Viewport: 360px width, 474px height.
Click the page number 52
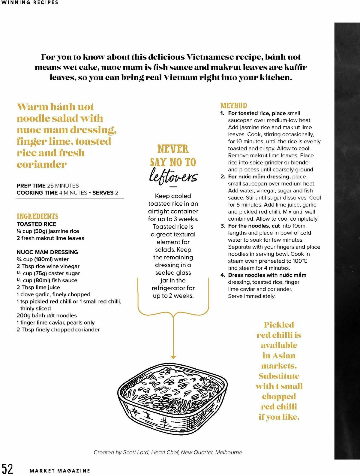point(7,468)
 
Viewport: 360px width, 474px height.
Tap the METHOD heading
point(234,106)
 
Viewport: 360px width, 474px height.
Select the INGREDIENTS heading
point(37,216)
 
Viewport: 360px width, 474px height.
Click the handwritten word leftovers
point(173,175)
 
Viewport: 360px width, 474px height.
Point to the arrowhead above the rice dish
point(173,357)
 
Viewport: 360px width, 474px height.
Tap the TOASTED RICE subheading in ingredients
point(36,224)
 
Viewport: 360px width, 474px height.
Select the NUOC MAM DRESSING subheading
point(47,252)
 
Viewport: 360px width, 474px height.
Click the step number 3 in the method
point(223,226)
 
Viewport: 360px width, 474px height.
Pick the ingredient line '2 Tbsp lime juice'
point(38,287)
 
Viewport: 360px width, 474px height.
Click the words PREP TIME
point(31,186)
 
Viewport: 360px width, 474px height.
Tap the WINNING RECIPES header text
point(29,2)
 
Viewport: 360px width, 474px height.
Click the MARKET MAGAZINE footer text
point(60,471)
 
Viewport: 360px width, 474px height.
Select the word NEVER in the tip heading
point(173,149)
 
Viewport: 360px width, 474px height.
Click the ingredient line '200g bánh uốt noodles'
point(46,315)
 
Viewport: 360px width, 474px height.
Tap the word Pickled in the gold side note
point(279,325)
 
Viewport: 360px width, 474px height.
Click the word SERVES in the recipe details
point(103,193)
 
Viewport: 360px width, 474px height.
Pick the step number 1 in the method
point(222,113)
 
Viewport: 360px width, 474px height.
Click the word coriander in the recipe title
point(41,165)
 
